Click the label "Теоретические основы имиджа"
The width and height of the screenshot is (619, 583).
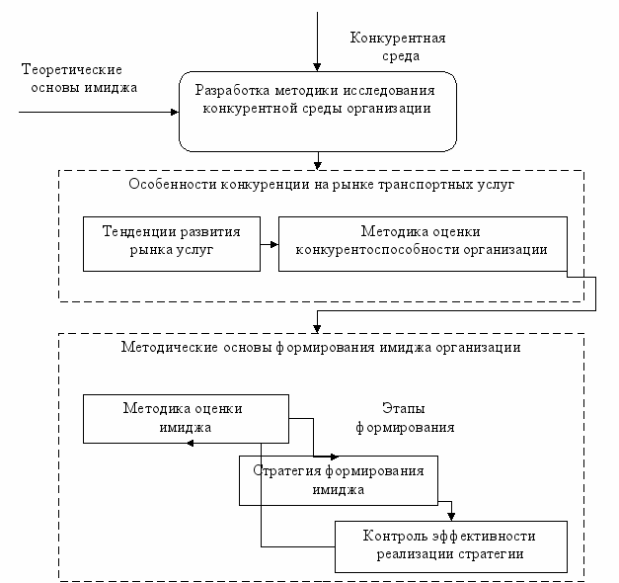click(x=78, y=79)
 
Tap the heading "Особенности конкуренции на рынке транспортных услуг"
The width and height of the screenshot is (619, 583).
click(x=320, y=186)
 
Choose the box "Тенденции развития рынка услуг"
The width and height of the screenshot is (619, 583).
click(x=172, y=241)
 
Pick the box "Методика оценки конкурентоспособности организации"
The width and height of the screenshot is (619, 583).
click(x=426, y=241)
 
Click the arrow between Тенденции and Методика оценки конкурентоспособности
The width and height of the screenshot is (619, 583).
click(x=270, y=241)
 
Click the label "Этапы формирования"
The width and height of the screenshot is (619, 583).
click(x=418, y=418)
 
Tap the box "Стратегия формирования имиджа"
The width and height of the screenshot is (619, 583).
click(x=339, y=479)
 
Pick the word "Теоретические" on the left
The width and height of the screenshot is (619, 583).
click(x=71, y=70)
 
